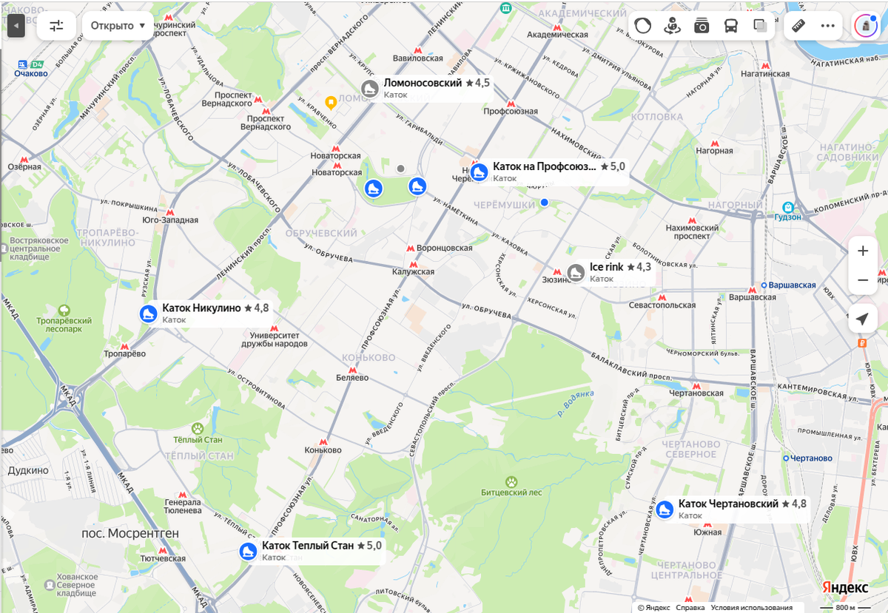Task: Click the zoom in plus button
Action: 862,251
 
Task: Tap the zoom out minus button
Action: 862,280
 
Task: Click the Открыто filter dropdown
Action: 118,26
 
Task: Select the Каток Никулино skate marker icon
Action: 149,314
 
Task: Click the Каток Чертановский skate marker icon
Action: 665,509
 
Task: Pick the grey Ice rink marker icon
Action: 576,273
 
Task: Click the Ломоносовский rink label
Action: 423,83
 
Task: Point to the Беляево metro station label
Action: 351,377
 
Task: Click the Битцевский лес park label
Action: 511,492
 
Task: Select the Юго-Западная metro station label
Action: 170,220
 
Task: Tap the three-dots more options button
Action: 827,26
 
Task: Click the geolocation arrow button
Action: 862,319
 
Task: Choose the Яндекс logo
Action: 846,587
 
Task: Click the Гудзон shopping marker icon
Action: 789,207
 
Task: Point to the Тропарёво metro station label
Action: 124,354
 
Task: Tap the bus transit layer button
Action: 730,26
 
